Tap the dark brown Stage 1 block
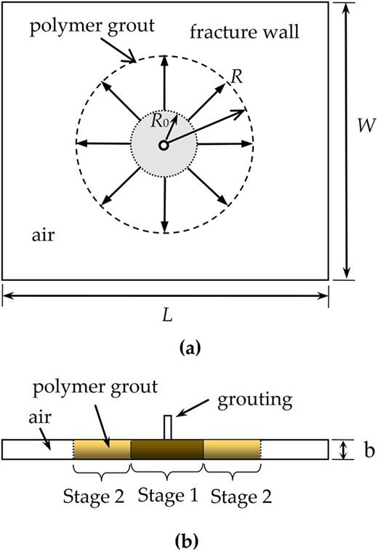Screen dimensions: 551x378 pos(166,450)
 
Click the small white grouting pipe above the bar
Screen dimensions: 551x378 pos(166,427)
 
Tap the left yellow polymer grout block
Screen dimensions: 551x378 pos(102,450)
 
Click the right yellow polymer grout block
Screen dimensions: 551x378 pos(231,450)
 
